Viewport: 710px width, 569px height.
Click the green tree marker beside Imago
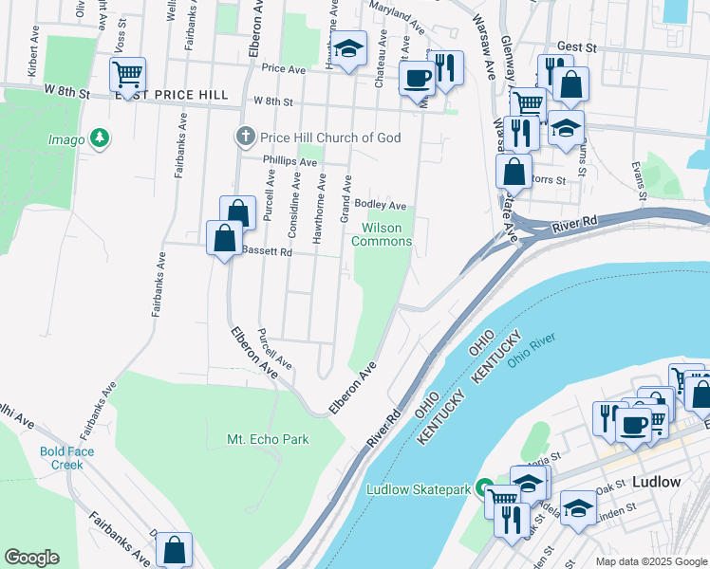tap(99, 139)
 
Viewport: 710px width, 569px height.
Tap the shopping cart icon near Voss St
tap(127, 73)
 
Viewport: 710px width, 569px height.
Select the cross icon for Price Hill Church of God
tap(246, 138)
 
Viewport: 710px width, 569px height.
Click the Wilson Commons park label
tap(382, 234)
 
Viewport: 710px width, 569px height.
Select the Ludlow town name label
tap(655, 482)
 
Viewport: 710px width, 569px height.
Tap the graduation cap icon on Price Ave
tap(349, 49)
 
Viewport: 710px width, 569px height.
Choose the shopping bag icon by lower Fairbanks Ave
tap(175, 548)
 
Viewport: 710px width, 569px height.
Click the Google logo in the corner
tap(32, 558)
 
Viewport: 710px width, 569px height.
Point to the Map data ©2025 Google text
tap(650, 561)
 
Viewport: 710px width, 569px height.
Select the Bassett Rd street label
tap(266, 252)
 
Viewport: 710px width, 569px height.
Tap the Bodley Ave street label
tap(380, 205)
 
